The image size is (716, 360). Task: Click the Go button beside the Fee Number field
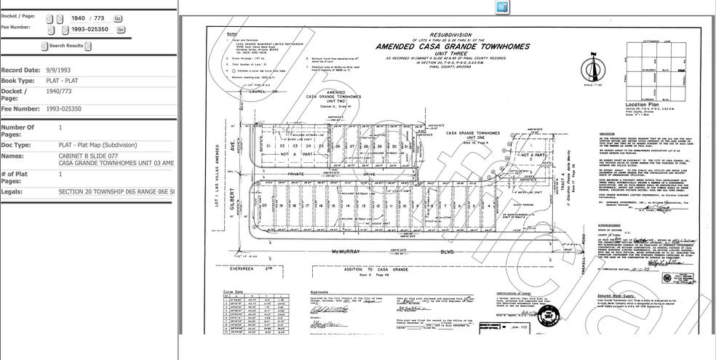[x=121, y=30]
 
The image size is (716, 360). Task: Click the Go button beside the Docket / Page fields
[x=118, y=18]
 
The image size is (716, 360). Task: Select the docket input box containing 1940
[x=80, y=18]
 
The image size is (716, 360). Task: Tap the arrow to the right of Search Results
[x=88, y=46]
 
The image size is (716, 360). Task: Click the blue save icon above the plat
[x=503, y=7]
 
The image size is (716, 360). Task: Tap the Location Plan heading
[x=641, y=105]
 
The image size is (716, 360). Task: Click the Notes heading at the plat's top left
[x=232, y=34]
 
